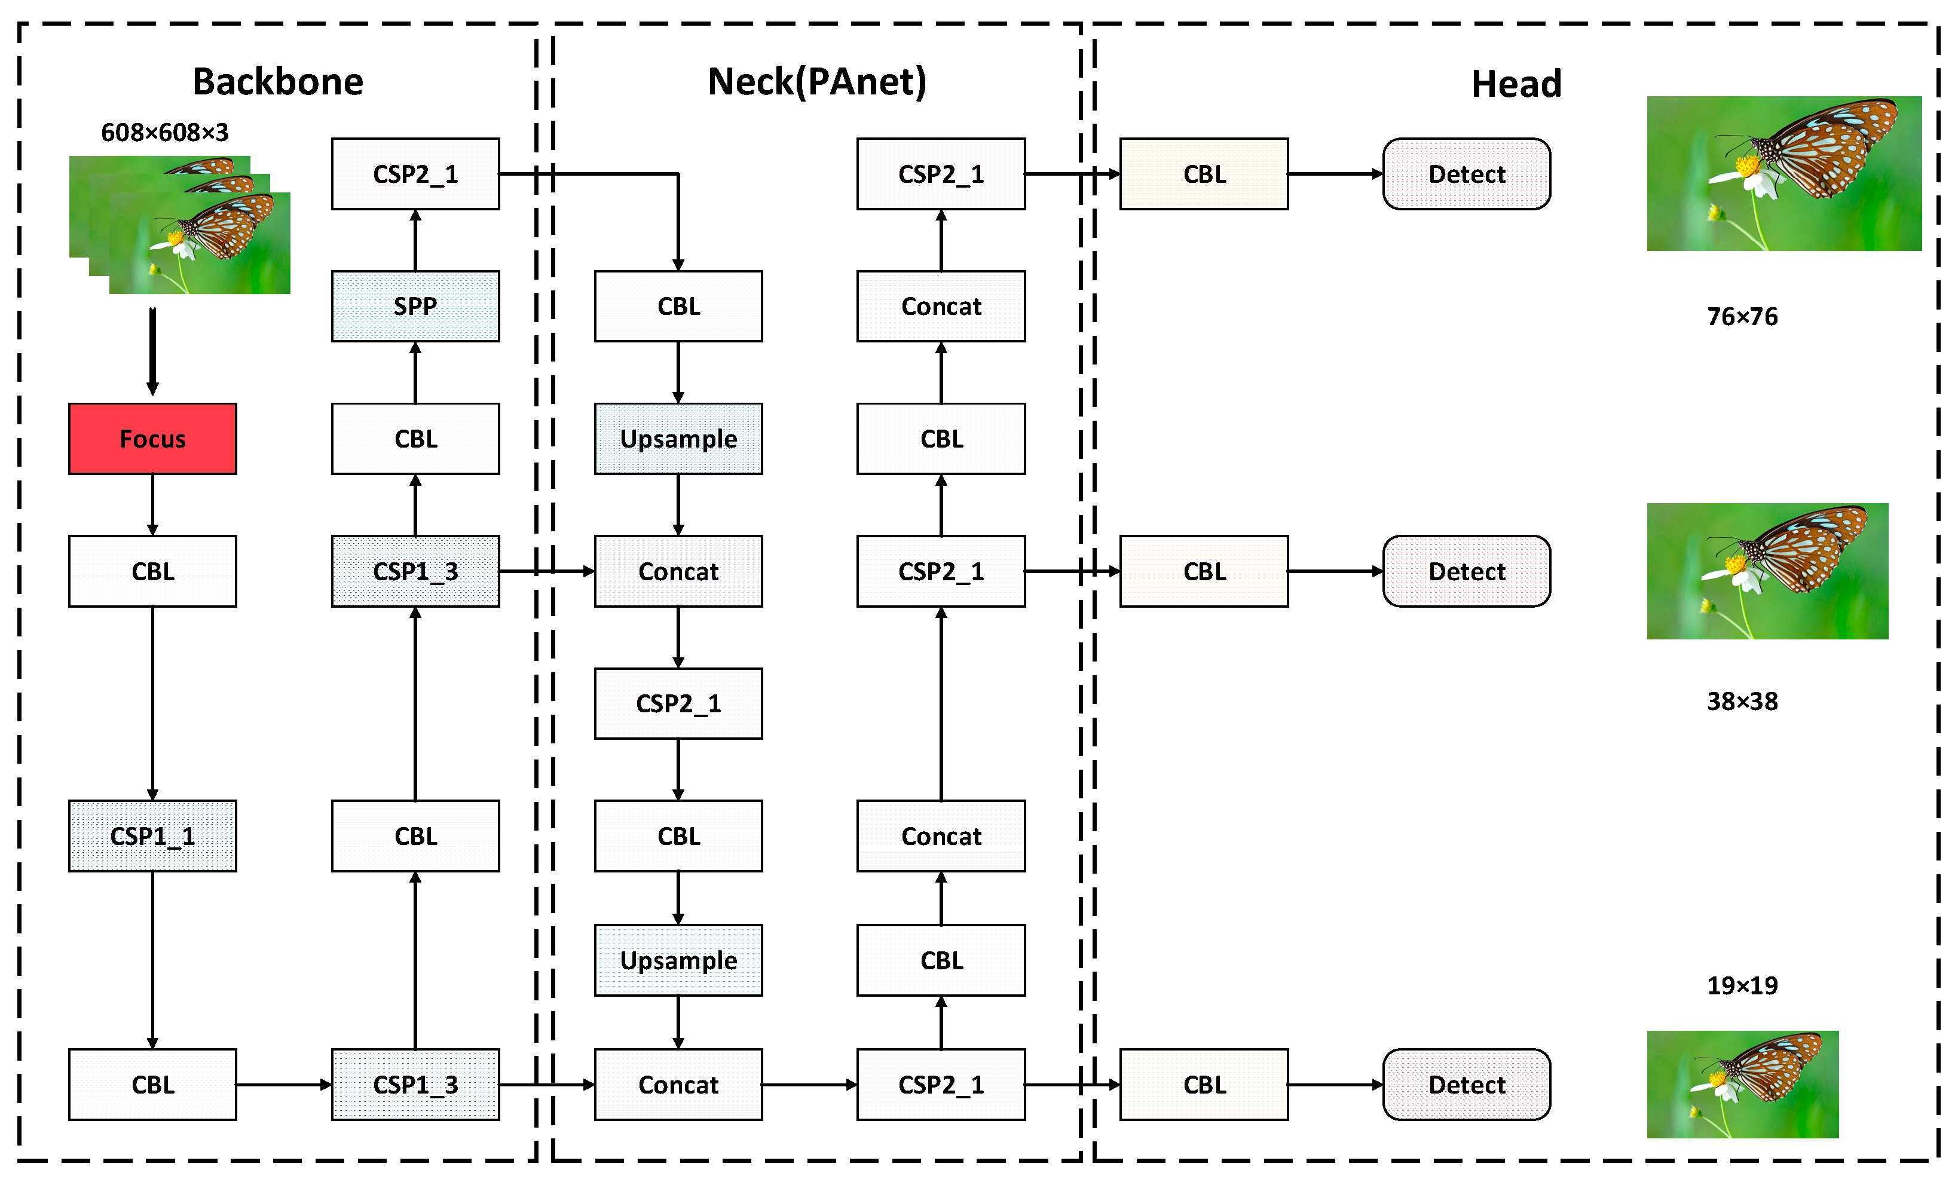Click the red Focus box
point(152,439)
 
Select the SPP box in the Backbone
point(415,306)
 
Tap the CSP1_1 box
point(152,836)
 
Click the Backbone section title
point(278,82)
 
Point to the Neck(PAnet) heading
point(817,82)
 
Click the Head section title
point(1516,84)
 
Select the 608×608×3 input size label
point(164,132)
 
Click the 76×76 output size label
point(1742,316)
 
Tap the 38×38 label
point(1742,702)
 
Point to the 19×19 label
point(1742,985)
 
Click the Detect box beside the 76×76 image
point(1466,174)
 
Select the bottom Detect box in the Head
point(1466,1085)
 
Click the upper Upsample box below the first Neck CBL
point(678,439)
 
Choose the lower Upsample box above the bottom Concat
point(678,960)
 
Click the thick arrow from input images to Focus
point(152,350)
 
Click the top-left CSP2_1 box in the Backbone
point(415,174)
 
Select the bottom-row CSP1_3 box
point(415,1085)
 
